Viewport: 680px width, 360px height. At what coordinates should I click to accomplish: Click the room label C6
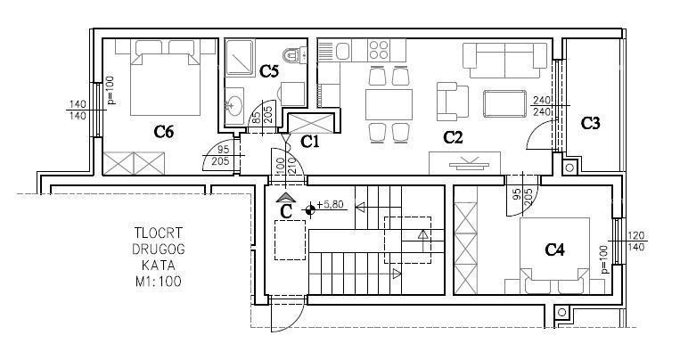(x=162, y=132)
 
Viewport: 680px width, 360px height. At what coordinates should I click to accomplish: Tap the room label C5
(x=269, y=70)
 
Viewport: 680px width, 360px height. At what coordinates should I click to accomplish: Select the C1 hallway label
(x=310, y=140)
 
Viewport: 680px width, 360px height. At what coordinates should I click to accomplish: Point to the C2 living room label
(x=455, y=137)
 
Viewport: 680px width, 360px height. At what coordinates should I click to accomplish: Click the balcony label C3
(x=590, y=124)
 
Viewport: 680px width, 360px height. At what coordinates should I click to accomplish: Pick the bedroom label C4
(x=556, y=250)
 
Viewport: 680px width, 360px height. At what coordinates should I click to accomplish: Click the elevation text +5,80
(x=331, y=205)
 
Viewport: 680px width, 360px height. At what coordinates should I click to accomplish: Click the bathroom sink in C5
(x=234, y=104)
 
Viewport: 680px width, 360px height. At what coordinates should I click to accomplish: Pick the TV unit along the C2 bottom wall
(x=464, y=163)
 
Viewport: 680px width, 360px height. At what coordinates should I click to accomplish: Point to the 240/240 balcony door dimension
(x=542, y=106)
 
